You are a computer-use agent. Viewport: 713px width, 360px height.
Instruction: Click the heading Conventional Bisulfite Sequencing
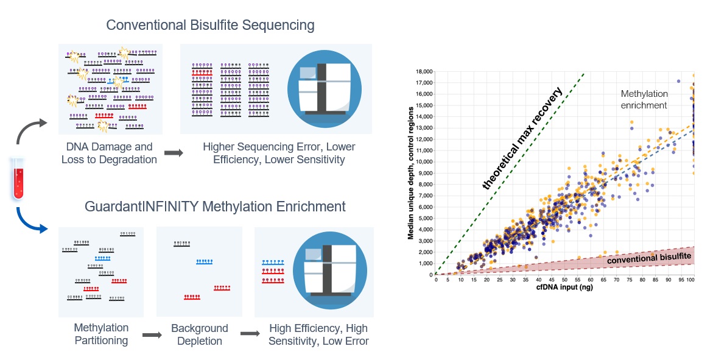210,26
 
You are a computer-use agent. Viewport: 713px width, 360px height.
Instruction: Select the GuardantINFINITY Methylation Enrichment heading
215,206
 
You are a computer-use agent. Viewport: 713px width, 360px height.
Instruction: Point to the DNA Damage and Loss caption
110,154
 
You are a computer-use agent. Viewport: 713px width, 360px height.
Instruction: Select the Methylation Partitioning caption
101,334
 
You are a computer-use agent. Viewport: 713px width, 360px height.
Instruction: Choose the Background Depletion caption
199,334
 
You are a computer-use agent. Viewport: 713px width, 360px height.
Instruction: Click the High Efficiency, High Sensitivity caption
318,334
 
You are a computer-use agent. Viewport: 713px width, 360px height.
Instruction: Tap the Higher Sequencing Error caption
279,154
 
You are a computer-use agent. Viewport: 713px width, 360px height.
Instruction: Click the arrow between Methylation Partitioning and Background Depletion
151,334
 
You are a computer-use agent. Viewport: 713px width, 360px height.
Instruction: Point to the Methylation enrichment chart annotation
644,99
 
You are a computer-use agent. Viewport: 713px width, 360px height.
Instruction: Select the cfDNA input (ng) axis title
564,288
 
